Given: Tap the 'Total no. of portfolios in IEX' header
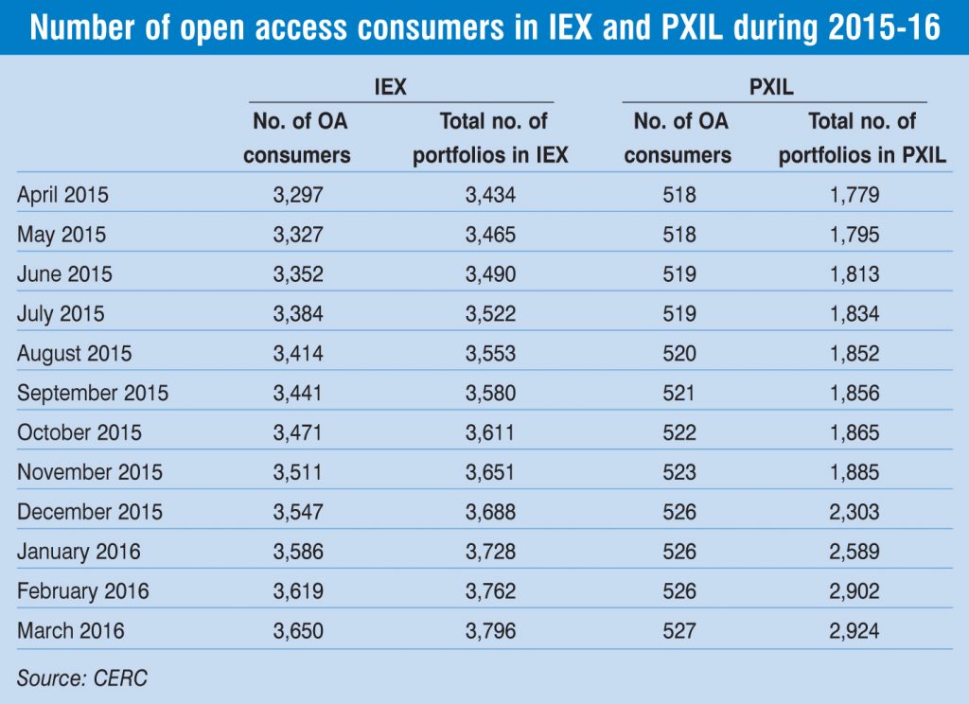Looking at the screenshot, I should pos(490,138).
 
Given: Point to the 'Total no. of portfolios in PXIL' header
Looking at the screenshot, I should pos(862,138).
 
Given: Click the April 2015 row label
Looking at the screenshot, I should pos(62,196).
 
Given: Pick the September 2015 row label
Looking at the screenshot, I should pos(92,393).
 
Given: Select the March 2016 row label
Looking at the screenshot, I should pos(70,630).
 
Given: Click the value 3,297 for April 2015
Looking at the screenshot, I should pos(297,196).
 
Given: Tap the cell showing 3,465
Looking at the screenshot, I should pos(490,235).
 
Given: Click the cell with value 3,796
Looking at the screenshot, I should pos(490,630).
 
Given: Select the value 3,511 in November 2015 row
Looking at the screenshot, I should pos(297,472).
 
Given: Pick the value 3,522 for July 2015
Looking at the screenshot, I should pos(490,314).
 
